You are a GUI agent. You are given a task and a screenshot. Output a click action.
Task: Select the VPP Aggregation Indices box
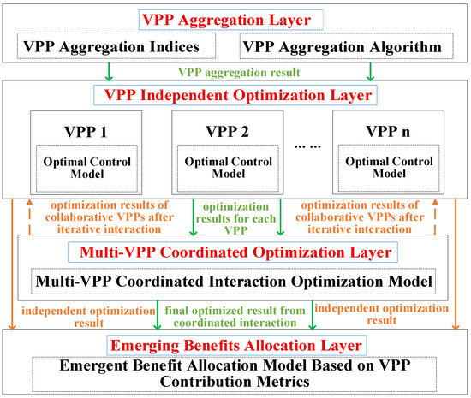[x=116, y=45]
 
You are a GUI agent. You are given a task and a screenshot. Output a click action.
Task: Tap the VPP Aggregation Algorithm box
[x=346, y=46]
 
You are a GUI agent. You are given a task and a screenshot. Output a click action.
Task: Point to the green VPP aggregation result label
[x=239, y=73]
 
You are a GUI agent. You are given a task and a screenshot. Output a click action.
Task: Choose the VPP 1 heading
[x=86, y=132]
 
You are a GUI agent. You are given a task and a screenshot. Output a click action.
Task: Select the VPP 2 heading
[x=228, y=132]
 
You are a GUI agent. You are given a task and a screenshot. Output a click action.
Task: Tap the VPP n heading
[x=388, y=131]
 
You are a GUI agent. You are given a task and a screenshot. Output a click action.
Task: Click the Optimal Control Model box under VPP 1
[x=86, y=169]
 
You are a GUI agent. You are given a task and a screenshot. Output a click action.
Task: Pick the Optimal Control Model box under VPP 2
[x=228, y=168]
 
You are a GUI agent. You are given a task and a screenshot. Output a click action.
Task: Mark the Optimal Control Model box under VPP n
[x=389, y=168]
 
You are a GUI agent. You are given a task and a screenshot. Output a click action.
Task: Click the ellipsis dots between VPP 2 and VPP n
[x=307, y=146]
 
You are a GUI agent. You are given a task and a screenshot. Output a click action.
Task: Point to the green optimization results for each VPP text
[x=236, y=218]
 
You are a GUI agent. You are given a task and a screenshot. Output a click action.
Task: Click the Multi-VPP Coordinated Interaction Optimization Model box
[x=234, y=282]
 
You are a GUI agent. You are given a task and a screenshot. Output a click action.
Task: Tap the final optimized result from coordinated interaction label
[x=235, y=317]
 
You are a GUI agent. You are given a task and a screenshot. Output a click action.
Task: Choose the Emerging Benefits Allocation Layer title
[x=236, y=345]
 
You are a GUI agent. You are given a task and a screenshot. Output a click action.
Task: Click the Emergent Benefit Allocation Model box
[x=235, y=374]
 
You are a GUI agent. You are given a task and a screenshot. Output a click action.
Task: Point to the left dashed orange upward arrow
[x=29, y=217]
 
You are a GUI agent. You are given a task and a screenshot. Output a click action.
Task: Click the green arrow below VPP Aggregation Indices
[x=109, y=72]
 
